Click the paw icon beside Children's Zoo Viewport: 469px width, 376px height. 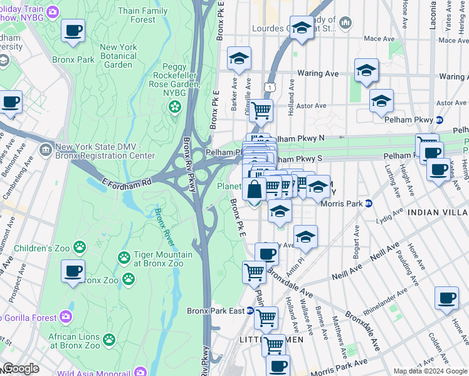(x=80, y=248)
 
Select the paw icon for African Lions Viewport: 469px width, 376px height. (x=109, y=339)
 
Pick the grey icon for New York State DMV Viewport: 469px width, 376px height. (x=46, y=150)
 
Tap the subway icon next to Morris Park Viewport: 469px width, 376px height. (x=369, y=203)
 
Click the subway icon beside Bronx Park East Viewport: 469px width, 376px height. (x=250, y=310)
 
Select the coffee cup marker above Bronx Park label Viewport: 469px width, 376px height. (x=73, y=30)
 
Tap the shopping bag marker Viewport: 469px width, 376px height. (x=254, y=189)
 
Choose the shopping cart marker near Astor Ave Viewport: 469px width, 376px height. (x=261, y=111)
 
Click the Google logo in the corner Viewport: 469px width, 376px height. (x=21, y=368)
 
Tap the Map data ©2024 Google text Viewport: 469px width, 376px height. (x=429, y=370)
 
